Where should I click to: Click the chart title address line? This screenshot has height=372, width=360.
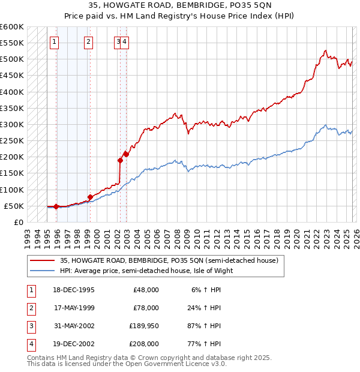tap(179, 5)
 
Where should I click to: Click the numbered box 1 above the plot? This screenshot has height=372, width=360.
tap(55, 41)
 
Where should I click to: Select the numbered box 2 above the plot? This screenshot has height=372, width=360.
tap(88, 41)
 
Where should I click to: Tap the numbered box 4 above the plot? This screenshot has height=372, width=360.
tap(126, 41)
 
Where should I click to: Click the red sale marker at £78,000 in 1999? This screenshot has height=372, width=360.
tap(90, 197)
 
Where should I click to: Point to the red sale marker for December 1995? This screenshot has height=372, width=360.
tap(56, 206)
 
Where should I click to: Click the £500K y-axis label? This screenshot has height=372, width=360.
tap(11, 59)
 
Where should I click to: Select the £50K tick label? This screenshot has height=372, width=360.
tap(14, 206)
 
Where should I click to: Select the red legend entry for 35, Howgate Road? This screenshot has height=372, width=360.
tap(169, 261)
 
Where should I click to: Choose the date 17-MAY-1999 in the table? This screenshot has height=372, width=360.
tap(74, 307)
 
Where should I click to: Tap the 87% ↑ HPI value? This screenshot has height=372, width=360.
tap(203, 325)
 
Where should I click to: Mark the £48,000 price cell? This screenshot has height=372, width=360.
tap(145, 289)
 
